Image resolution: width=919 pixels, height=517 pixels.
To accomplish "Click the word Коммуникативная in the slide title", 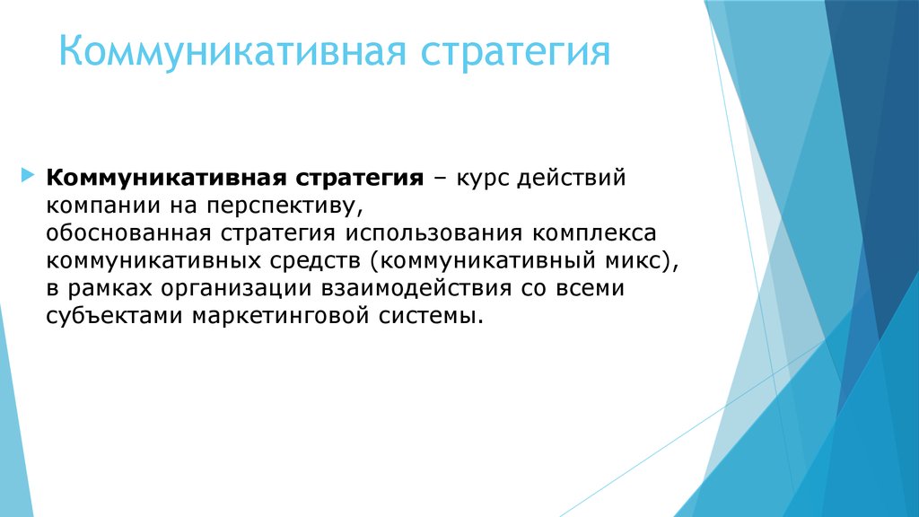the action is point(232,51).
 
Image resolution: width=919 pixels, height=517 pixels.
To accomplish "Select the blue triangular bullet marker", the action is point(28,175).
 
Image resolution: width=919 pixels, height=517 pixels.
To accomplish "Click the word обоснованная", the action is point(128,233).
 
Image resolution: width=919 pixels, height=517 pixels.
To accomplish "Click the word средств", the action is point(315,261).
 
